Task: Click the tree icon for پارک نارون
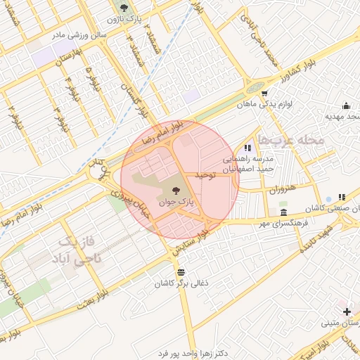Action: pyautogui.click(x=124, y=8)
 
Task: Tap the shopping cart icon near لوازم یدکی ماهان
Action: pyautogui.click(x=264, y=92)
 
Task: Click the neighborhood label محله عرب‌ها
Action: pyautogui.click(x=291, y=140)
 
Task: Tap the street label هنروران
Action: pyautogui.click(x=283, y=189)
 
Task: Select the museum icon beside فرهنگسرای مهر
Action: pyautogui.click(x=283, y=212)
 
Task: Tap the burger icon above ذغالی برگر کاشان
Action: pyautogui.click(x=181, y=272)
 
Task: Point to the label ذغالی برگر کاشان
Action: pyautogui.click(x=181, y=283)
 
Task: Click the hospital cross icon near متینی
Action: pyautogui.click(x=347, y=311)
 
